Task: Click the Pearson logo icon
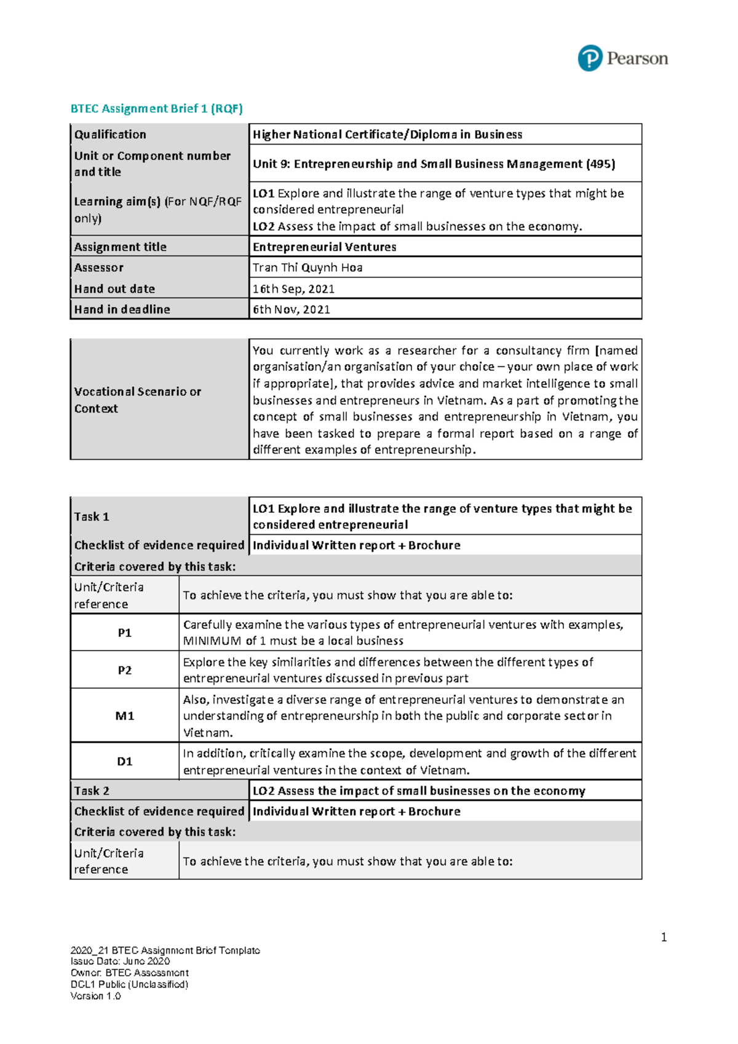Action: (590, 58)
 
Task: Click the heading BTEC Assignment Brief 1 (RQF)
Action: (157, 109)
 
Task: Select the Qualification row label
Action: (111, 135)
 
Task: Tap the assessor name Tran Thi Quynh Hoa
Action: (307, 267)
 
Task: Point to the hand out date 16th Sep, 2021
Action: (293, 289)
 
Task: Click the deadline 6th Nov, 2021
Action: (292, 309)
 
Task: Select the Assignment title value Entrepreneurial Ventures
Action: (325, 247)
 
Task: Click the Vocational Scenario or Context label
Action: (138, 400)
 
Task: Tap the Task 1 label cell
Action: (92, 516)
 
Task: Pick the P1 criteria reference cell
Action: (125, 633)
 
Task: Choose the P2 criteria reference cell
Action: (125, 670)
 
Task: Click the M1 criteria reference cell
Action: (125, 716)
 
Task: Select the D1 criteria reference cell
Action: (125, 761)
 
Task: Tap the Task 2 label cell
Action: (92, 791)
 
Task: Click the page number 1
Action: (664, 937)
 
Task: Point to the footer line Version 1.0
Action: (96, 996)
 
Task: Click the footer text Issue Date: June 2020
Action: (121, 962)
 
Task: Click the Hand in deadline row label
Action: (122, 309)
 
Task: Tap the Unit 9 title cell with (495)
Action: (434, 164)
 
